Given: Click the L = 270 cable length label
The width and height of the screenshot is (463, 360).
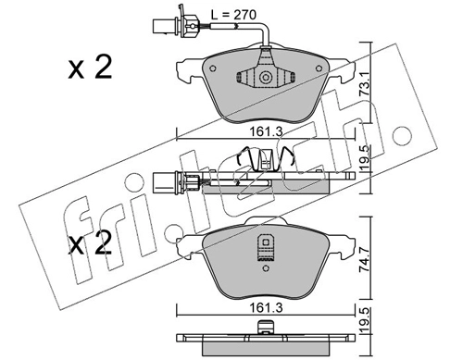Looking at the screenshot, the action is point(233,15).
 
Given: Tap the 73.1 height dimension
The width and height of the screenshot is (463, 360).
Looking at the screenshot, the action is point(365,84).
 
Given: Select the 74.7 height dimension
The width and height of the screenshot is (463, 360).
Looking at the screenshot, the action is point(365,258).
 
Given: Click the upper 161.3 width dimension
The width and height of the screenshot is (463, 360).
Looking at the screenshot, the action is point(266,131).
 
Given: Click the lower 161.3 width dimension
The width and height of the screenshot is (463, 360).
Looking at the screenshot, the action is point(266,308).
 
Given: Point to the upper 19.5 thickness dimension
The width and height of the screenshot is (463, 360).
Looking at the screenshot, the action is point(365,158).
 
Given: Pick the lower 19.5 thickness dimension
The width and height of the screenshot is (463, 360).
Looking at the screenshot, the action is point(365,321).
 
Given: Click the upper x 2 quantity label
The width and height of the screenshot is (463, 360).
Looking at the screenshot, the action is point(90,68).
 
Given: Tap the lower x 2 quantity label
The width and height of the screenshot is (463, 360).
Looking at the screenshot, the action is point(90,243).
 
